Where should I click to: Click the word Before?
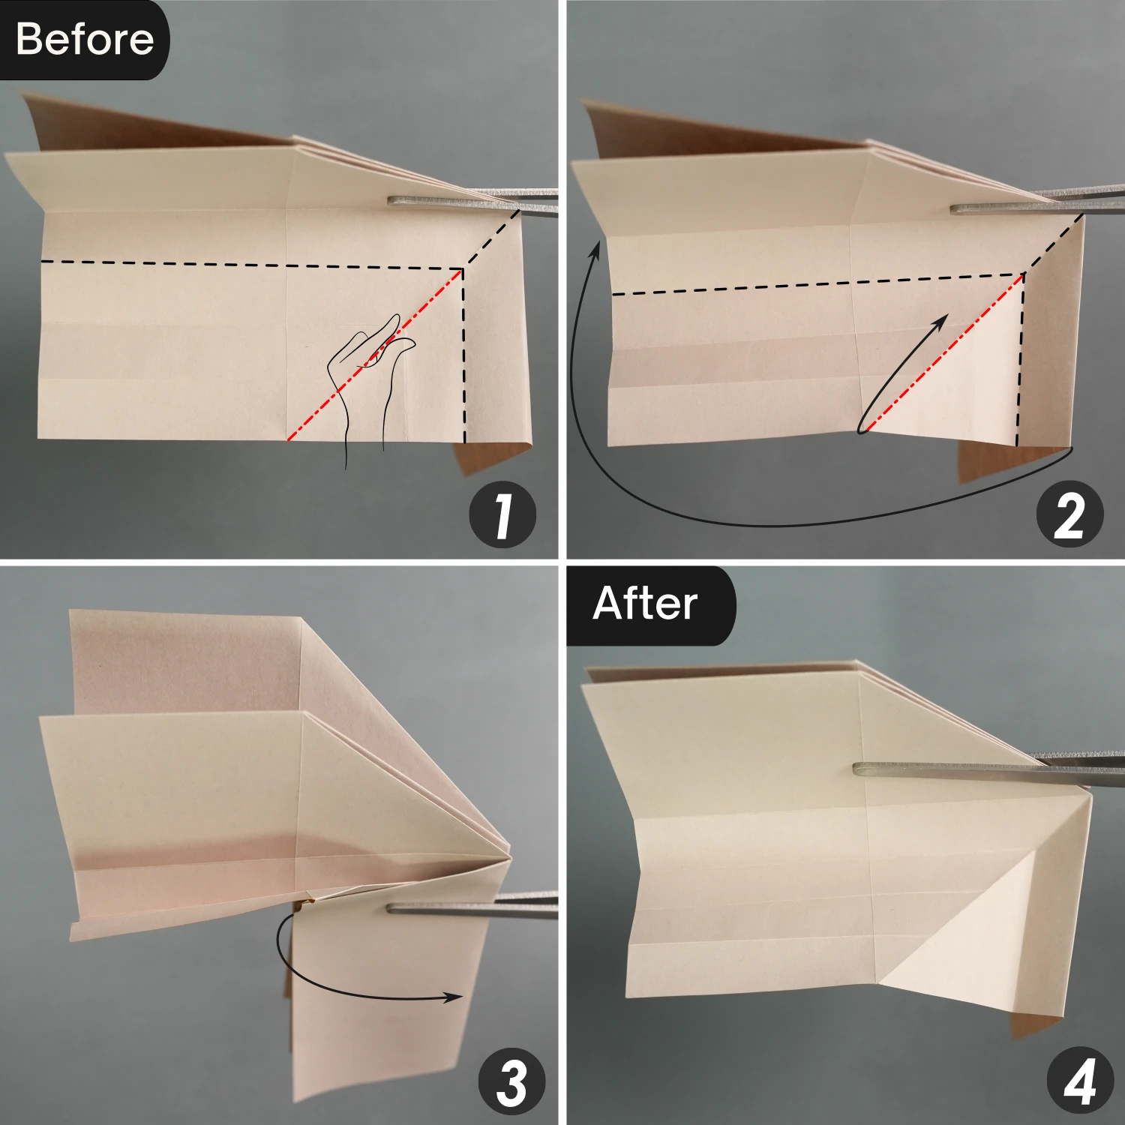pyautogui.click(x=84, y=39)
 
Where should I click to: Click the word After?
pyautogui.click(x=645, y=604)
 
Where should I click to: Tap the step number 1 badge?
pyautogui.click(x=502, y=515)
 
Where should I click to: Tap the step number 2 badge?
pyautogui.click(x=1069, y=515)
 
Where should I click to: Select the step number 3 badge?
pyautogui.click(x=512, y=1082)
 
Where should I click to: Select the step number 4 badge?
pyautogui.click(x=1080, y=1082)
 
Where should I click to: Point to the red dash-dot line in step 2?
pyautogui.click(x=943, y=353)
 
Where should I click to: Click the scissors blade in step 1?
pyautogui.click(x=472, y=202)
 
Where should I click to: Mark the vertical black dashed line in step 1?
pyautogui.click(x=464, y=355)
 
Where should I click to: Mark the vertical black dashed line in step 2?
pyautogui.click(x=1021, y=360)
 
